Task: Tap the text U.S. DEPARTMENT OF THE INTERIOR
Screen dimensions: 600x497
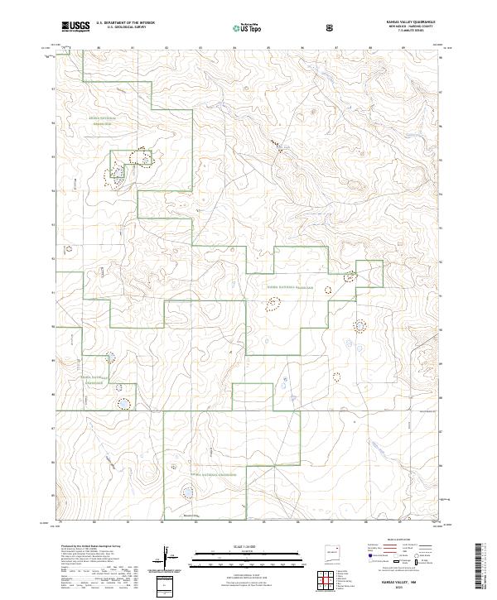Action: (126, 23)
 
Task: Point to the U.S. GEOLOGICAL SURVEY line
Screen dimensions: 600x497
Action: (120, 27)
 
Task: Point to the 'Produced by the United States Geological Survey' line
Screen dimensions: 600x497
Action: (87, 547)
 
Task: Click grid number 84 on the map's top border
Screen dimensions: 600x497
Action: (234, 48)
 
